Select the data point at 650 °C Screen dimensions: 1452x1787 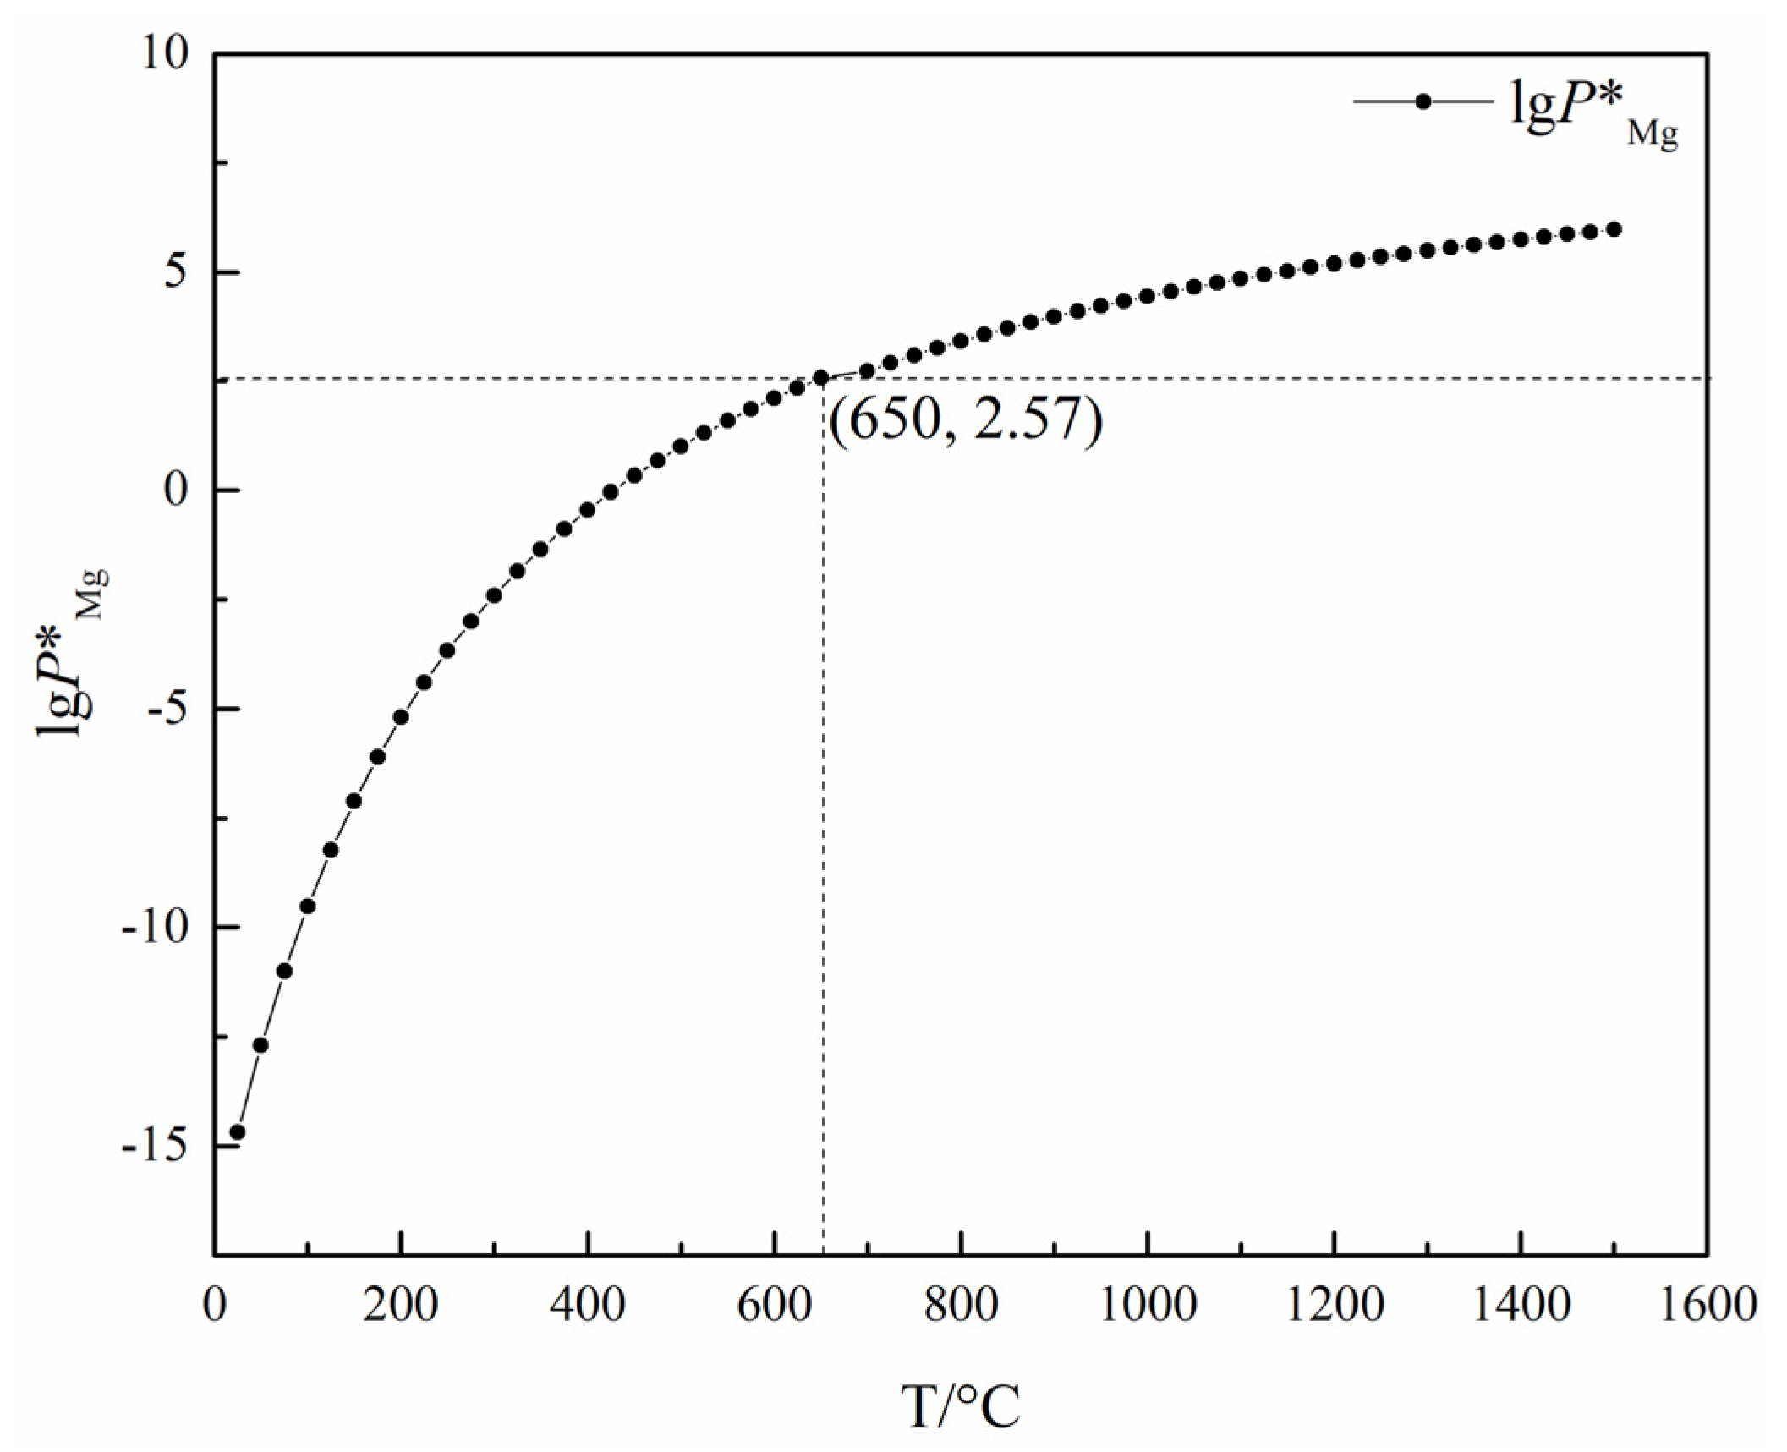(x=820, y=377)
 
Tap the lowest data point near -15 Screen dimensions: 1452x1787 (x=238, y=1132)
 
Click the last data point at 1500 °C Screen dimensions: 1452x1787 (x=1614, y=229)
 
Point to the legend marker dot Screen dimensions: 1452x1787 (x=1422, y=101)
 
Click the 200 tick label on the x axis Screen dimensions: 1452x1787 (x=401, y=1304)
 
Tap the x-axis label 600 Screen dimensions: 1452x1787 (x=774, y=1304)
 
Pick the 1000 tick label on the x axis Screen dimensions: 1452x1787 (x=1147, y=1304)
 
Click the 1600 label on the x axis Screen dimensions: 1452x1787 (x=1707, y=1304)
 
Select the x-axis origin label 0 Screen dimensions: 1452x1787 (x=215, y=1304)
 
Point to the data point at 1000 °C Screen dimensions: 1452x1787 (x=1147, y=296)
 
